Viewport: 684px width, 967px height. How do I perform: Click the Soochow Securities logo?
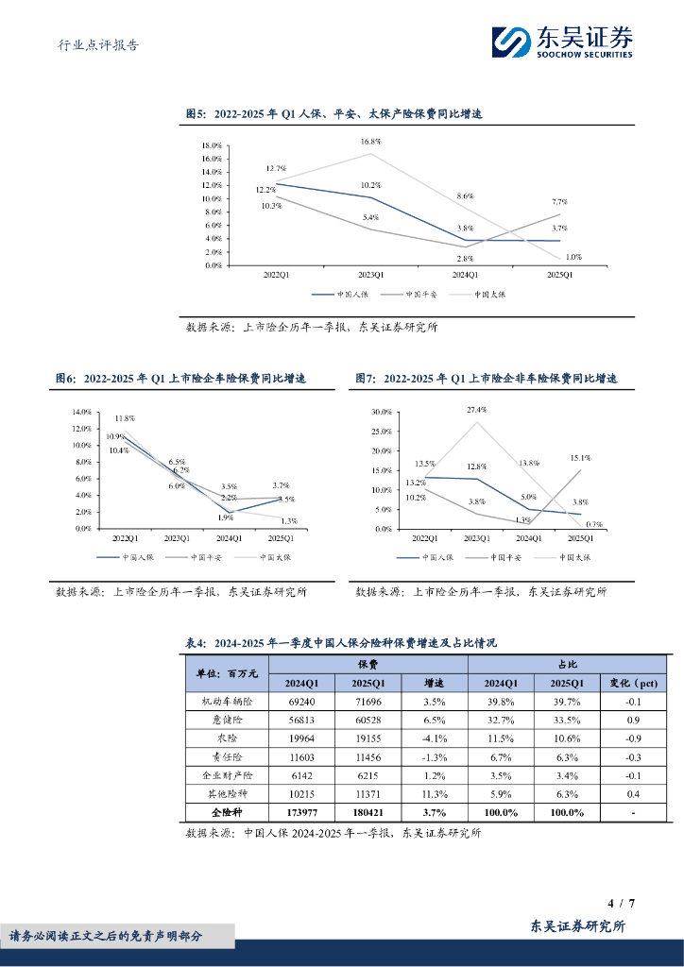(562, 41)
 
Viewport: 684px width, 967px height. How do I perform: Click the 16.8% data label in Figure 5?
(370, 141)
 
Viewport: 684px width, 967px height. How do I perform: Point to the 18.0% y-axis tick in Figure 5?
(212, 145)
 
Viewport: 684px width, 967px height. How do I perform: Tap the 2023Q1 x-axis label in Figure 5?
(369, 275)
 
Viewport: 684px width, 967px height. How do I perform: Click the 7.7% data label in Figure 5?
(559, 202)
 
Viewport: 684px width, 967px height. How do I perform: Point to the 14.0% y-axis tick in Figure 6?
(81, 412)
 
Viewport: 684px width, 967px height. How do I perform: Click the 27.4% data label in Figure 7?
(475, 410)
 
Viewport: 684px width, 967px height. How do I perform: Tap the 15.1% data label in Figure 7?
(579, 457)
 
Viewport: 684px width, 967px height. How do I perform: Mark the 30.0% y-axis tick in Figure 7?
(382, 413)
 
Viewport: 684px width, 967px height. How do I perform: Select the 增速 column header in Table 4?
(435, 683)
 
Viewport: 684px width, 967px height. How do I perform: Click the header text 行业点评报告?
(92, 44)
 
